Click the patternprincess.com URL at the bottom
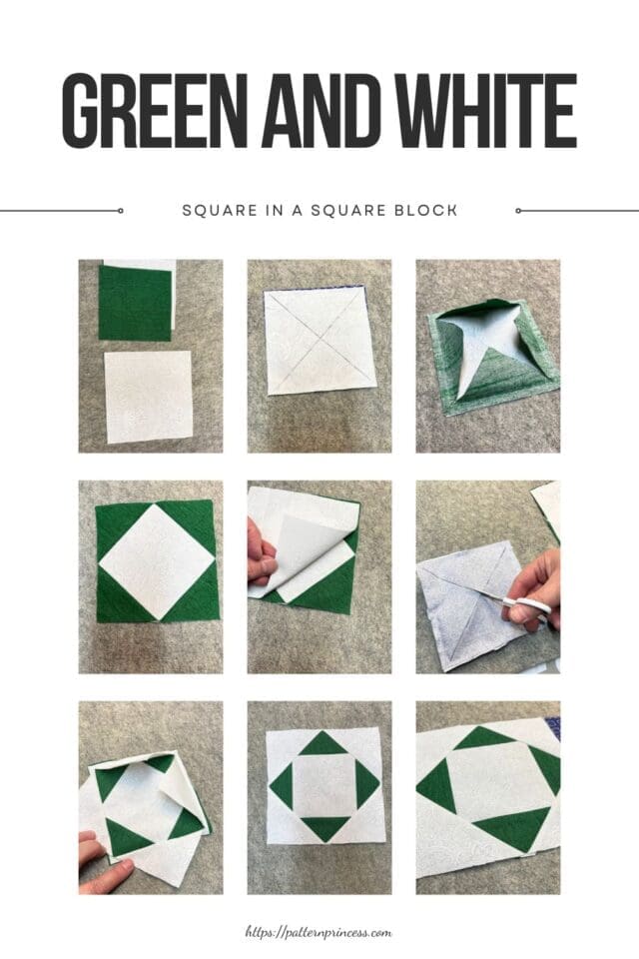pos(319,932)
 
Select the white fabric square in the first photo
pos(148,397)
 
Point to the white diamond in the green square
pos(156,560)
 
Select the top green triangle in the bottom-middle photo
pos(319,743)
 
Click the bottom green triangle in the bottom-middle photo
pos(319,828)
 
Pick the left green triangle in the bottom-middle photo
pos(282,786)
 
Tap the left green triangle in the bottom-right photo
pos(436,787)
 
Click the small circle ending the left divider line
pos(120,211)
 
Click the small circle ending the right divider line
pos(517,211)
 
